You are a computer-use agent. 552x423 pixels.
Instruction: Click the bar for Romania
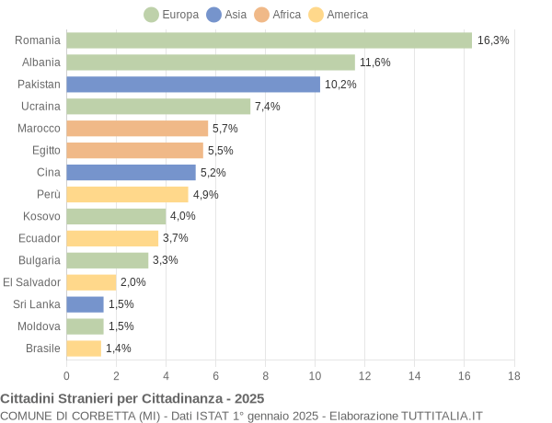(x=269, y=40)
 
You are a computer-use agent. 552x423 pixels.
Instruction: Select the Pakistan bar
(x=193, y=85)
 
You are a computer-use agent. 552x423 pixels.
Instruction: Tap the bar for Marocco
(x=137, y=129)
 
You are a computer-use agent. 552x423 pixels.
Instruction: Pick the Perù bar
(x=127, y=194)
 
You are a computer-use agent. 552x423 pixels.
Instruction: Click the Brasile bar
(x=84, y=349)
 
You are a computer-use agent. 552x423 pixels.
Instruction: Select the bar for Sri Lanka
(x=85, y=304)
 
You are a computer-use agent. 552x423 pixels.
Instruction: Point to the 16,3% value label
(x=493, y=40)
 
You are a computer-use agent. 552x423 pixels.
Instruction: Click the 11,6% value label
(x=375, y=63)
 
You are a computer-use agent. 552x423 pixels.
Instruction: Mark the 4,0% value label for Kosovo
(x=183, y=216)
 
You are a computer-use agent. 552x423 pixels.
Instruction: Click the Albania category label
(x=41, y=63)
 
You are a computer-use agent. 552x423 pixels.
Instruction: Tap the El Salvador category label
(x=31, y=282)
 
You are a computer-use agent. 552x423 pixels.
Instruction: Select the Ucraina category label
(x=40, y=107)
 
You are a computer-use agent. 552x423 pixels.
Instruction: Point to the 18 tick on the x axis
(x=513, y=376)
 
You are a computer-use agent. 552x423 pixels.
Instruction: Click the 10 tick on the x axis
(x=315, y=376)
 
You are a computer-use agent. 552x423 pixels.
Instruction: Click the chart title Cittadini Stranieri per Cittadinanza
(x=132, y=399)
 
